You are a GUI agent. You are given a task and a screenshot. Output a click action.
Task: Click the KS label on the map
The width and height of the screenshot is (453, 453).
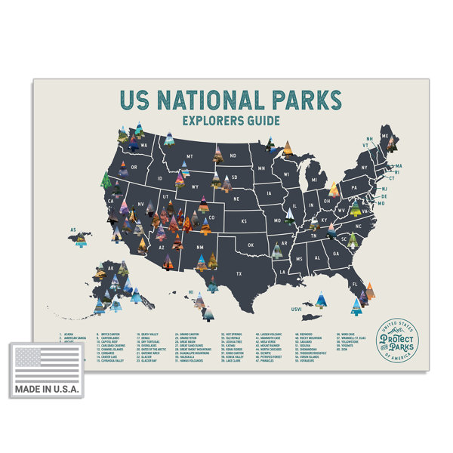[244, 221]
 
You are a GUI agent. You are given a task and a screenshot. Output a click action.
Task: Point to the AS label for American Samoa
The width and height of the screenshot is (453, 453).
[74, 229]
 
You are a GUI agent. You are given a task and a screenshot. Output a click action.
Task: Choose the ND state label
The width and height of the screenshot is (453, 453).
[233, 156]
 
